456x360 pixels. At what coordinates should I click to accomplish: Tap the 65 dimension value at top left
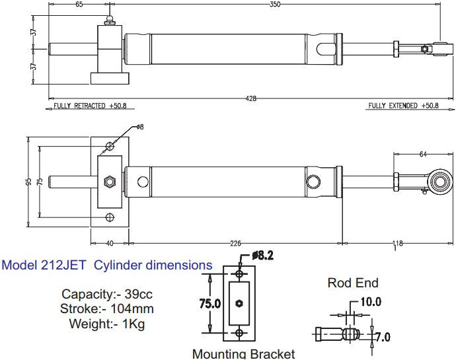tap(79, 5)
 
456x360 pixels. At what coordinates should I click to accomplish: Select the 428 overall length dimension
tap(251, 98)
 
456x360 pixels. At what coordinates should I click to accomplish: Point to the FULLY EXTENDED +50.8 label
tap(402, 106)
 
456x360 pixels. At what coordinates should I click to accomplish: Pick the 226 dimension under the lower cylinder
tap(235, 244)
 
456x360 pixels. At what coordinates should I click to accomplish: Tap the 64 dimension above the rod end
tap(423, 155)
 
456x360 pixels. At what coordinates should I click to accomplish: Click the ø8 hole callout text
tap(139, 127)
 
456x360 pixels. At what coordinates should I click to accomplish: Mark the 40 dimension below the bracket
tap(110, 244)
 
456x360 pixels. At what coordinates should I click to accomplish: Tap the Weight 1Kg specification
tap(106, 324)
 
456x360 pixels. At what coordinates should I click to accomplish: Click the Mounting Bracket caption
tap(243, 354)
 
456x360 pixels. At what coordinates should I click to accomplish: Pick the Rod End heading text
tap(353, 283)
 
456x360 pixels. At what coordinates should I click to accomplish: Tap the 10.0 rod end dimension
tap(371, 303)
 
